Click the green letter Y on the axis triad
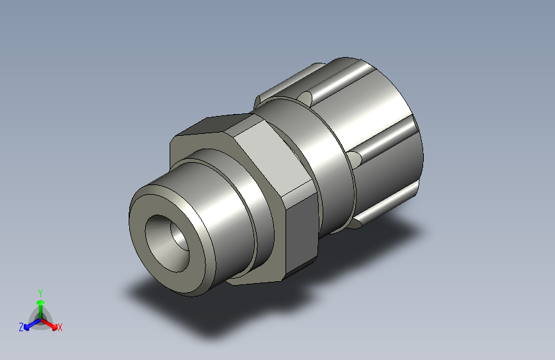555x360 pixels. [40, 293]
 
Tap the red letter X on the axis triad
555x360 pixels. [60, 327]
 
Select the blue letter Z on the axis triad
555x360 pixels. [21, 327]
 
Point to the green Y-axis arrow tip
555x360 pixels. [41, 302]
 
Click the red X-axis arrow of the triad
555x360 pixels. [49, 325]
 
